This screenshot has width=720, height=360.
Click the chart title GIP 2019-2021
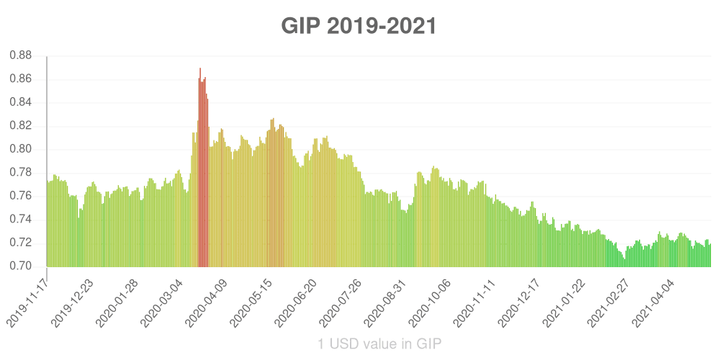[359, 27]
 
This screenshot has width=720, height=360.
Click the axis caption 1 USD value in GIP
[379, 344]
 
